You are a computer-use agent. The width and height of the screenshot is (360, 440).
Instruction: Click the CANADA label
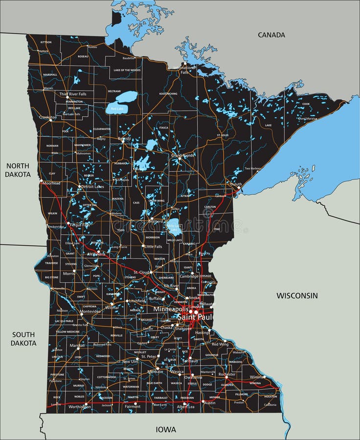271,35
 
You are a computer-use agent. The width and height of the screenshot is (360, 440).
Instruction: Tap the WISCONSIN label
297,295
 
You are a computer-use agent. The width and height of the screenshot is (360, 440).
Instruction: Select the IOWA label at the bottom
166,430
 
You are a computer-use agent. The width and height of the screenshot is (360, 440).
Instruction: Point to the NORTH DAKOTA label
18,170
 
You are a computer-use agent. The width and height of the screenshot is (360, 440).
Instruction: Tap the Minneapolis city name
170,309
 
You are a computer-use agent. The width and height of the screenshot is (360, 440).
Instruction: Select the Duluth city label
236,184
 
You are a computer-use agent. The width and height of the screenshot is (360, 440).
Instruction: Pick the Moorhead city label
51,183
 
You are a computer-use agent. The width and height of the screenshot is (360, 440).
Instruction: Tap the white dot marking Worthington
86,404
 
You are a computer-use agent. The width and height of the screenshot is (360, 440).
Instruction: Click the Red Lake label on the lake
117,109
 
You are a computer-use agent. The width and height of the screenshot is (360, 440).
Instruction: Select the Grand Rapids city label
182,155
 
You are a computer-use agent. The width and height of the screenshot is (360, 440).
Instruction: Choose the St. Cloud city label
141,272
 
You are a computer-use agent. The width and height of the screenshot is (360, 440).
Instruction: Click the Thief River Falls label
73,94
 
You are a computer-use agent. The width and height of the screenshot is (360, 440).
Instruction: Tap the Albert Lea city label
185,407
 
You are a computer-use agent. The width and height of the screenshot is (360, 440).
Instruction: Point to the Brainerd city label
155,221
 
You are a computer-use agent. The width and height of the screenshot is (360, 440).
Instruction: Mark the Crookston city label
48,117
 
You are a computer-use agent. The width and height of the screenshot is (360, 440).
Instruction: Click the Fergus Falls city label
80,224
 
